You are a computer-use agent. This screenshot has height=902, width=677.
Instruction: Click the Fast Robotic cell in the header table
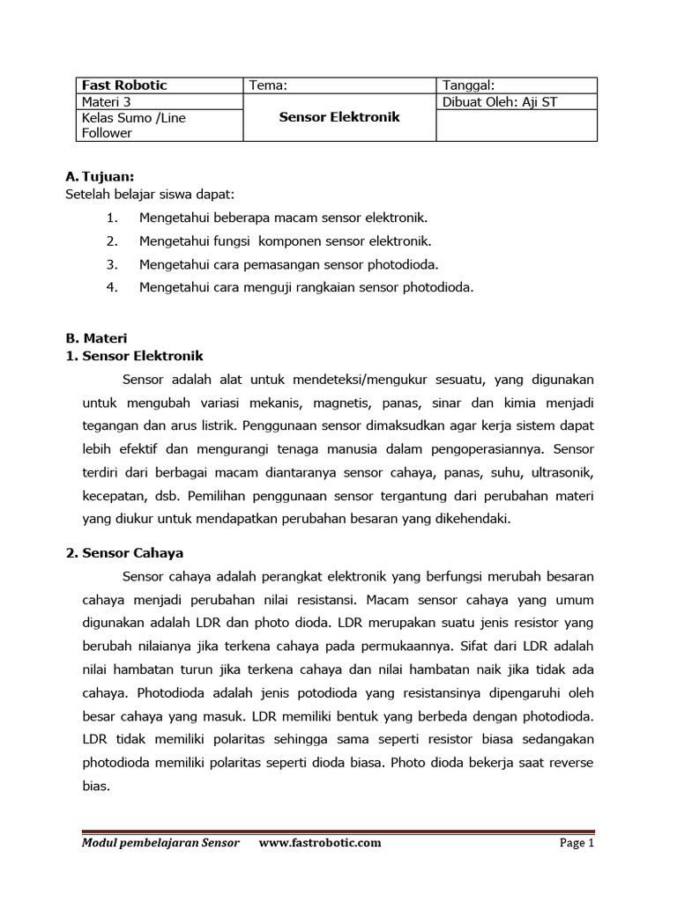[x=124, y=85]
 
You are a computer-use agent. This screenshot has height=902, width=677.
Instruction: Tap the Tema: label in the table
[x=269, y=85]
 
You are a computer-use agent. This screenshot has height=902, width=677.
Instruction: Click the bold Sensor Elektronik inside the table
[x=339, y=117]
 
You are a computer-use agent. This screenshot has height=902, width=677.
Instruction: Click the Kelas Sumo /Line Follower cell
[x=133, y=125]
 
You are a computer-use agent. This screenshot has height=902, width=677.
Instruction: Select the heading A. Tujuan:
[x=100, y=176]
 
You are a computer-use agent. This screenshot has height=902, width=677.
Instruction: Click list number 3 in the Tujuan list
[x=112, y=263]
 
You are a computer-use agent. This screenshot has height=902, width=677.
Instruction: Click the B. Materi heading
[x=96, y=337]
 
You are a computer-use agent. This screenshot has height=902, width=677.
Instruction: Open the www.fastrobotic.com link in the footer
[x=320, y=843]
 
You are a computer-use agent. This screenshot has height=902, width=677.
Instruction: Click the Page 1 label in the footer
[x=577, y=843]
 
